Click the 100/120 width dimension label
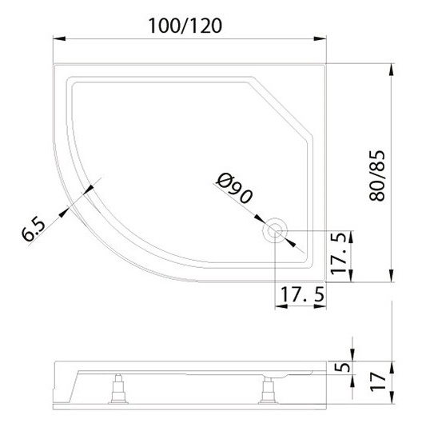coord(185,26)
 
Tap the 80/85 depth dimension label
coord(377,176)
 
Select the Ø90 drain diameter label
coord(234,189)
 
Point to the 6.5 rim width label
coord(34,229)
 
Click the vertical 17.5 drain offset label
coord(339,253)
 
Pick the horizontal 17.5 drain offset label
coord(302,294)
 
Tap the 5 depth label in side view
coord(342,367)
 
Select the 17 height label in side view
coord(378,381)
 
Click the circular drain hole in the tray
coord(275,229)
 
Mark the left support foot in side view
coord(118,389)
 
